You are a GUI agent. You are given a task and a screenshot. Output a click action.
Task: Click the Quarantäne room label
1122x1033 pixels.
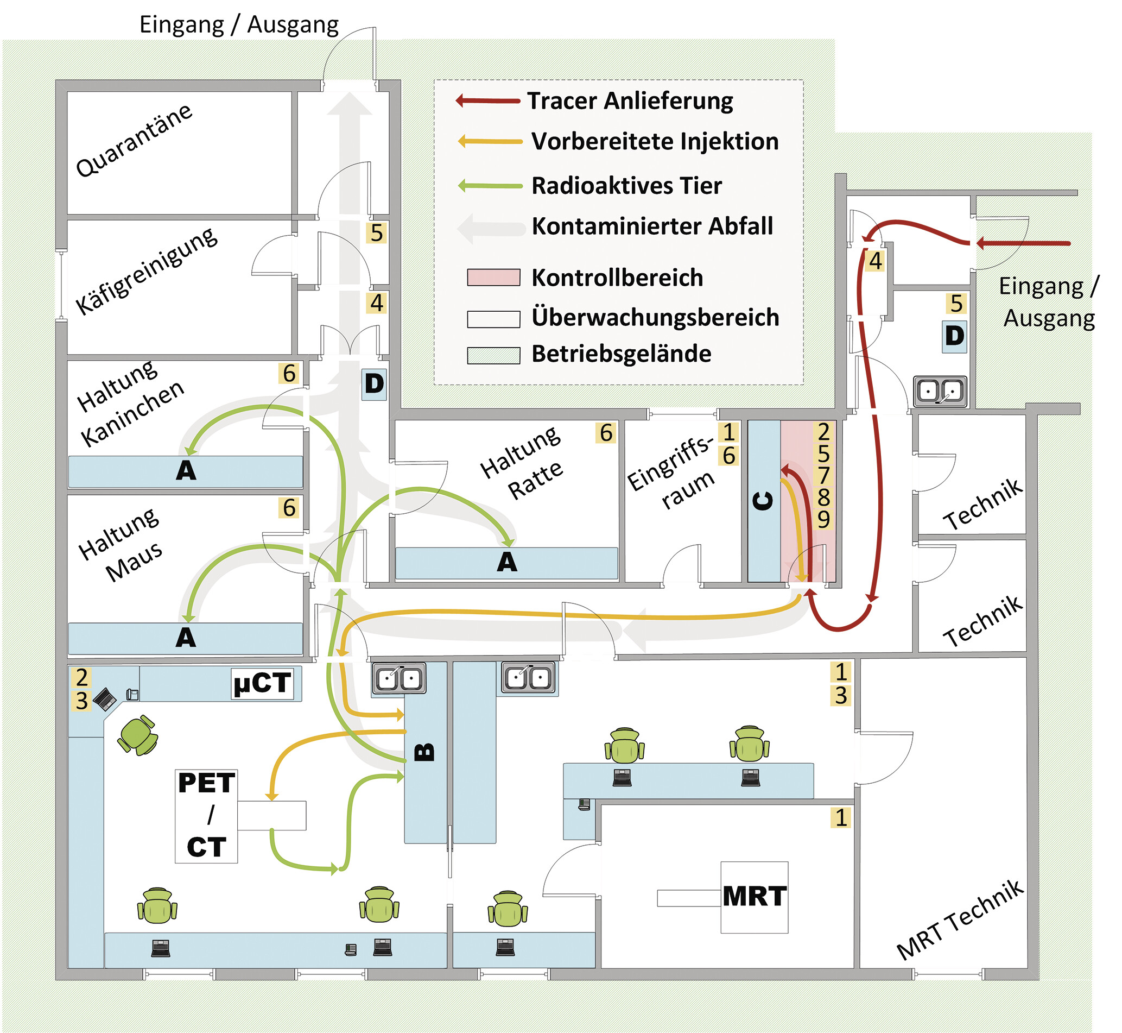click(134, 140)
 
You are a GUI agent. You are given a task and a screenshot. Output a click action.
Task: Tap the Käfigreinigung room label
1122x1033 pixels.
click(147, 271)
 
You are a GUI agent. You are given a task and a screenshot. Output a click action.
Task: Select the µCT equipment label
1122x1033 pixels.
click(263, 683)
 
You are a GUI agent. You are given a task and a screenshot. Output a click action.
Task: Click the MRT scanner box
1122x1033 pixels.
click(755, 897)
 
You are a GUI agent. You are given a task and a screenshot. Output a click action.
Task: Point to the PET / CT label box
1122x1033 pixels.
click(206, 816)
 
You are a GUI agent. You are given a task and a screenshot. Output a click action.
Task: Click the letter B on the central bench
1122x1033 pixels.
click(424, 752)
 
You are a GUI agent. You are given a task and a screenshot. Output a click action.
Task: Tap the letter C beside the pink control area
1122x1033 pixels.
click(763, 501)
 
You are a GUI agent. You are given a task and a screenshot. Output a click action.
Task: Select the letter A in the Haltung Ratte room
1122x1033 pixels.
click(507, 562)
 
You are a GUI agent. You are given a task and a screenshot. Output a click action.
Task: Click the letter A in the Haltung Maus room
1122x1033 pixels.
click(186, 638)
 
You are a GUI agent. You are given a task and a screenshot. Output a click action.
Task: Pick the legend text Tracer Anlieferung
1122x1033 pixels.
click(630, 101)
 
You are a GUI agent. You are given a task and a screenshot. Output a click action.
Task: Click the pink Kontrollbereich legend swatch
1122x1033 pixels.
click(493, 277)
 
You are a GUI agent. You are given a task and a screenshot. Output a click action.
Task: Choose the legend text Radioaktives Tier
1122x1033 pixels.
click(626, 186)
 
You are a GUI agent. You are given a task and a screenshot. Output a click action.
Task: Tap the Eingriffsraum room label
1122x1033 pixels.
click(670, 473)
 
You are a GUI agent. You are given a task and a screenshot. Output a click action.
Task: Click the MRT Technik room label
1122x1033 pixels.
click(960, 920)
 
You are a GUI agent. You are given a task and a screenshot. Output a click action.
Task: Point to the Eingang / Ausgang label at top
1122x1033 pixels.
click(239, 25)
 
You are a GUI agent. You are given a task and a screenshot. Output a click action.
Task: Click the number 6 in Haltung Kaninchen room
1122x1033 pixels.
click(289, 374)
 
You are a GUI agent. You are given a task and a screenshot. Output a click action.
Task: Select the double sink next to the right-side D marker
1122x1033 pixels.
click(940, 391)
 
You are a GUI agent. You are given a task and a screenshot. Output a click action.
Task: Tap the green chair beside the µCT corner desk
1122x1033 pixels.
click(137, 735)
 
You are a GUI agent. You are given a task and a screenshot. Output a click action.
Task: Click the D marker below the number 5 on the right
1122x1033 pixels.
click(954, 336)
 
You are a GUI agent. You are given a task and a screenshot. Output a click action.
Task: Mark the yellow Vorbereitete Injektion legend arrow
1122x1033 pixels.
click(490, 141)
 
